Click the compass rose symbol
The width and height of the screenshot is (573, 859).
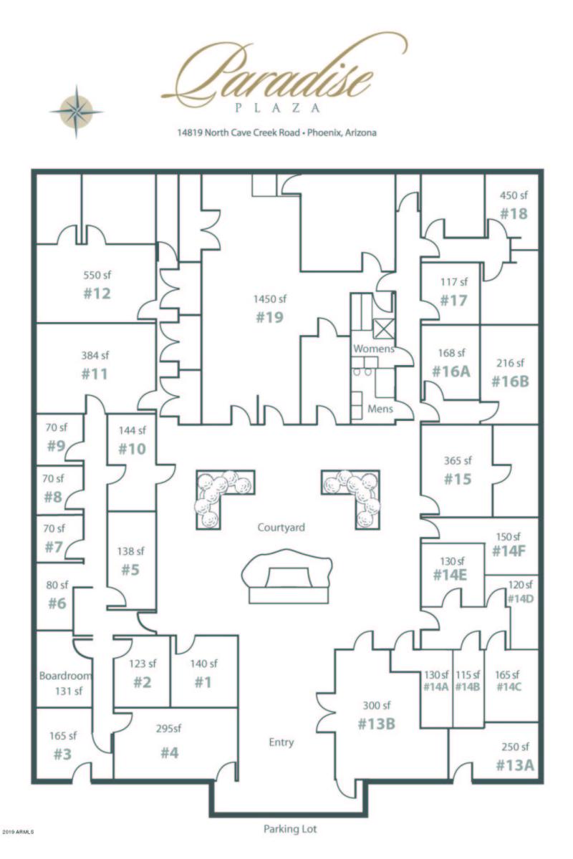76,110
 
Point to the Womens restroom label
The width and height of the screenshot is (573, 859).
373,348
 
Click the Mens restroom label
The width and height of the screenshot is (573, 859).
380,410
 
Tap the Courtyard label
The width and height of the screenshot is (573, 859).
281,528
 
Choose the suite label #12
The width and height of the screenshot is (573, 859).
97,293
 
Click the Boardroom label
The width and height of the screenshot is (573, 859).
65,675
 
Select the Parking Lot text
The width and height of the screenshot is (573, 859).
289,830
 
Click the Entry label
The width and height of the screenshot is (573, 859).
281,742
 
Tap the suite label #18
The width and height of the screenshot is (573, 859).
514,213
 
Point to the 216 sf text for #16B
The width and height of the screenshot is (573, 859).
510,363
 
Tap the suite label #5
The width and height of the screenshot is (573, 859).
130,570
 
